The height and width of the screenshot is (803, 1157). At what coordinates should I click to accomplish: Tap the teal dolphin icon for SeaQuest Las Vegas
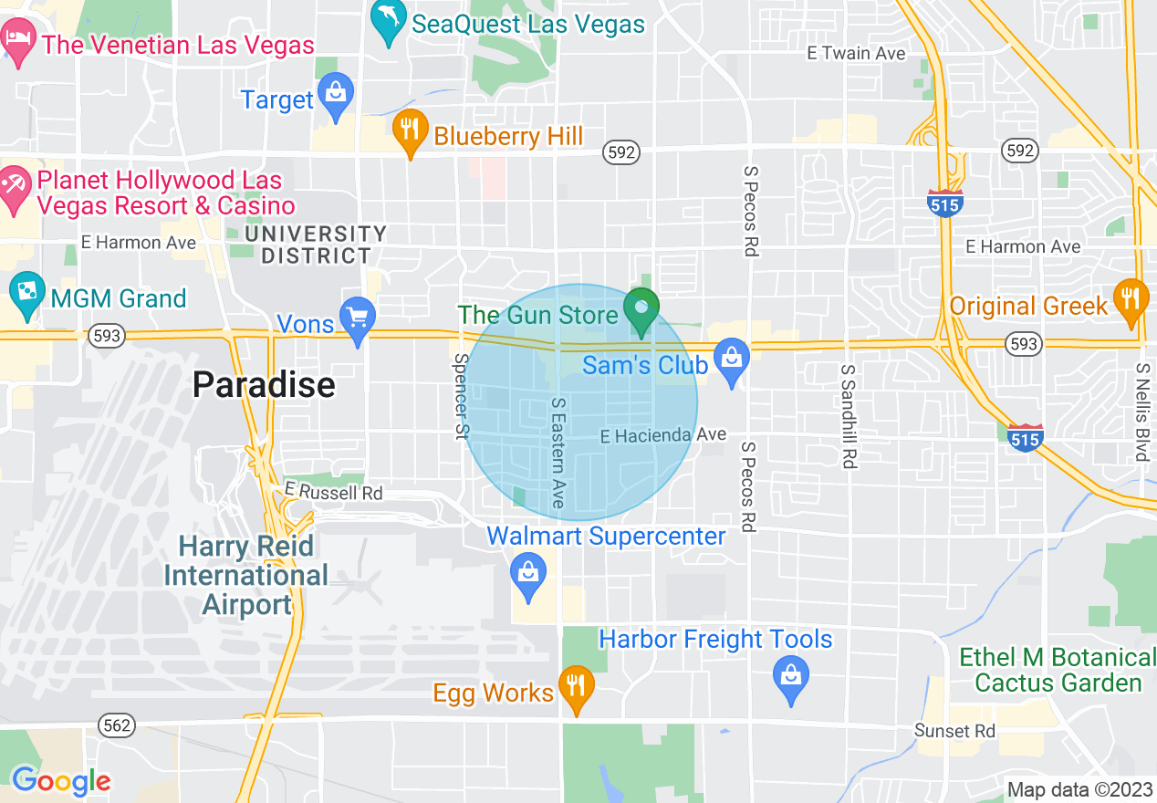click(390, 22)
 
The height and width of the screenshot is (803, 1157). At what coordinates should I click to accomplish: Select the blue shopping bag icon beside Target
click(336, 96)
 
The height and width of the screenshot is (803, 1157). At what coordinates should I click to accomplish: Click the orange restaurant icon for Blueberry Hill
click(411, 132)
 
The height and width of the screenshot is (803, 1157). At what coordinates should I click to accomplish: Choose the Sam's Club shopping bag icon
click(731, 360)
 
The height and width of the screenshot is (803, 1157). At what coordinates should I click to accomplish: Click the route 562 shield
click(118, 725)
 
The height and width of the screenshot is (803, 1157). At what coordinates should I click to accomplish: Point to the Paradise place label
click(264, 385)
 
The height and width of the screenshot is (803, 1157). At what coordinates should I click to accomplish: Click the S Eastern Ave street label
click(558, 453)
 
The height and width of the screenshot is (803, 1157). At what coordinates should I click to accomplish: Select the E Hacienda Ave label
click(663, 436)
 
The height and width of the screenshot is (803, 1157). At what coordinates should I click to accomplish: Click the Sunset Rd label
click(954, 731)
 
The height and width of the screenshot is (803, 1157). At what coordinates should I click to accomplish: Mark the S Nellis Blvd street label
click(1141, 412)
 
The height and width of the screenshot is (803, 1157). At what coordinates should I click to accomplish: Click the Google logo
click(61, 781)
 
